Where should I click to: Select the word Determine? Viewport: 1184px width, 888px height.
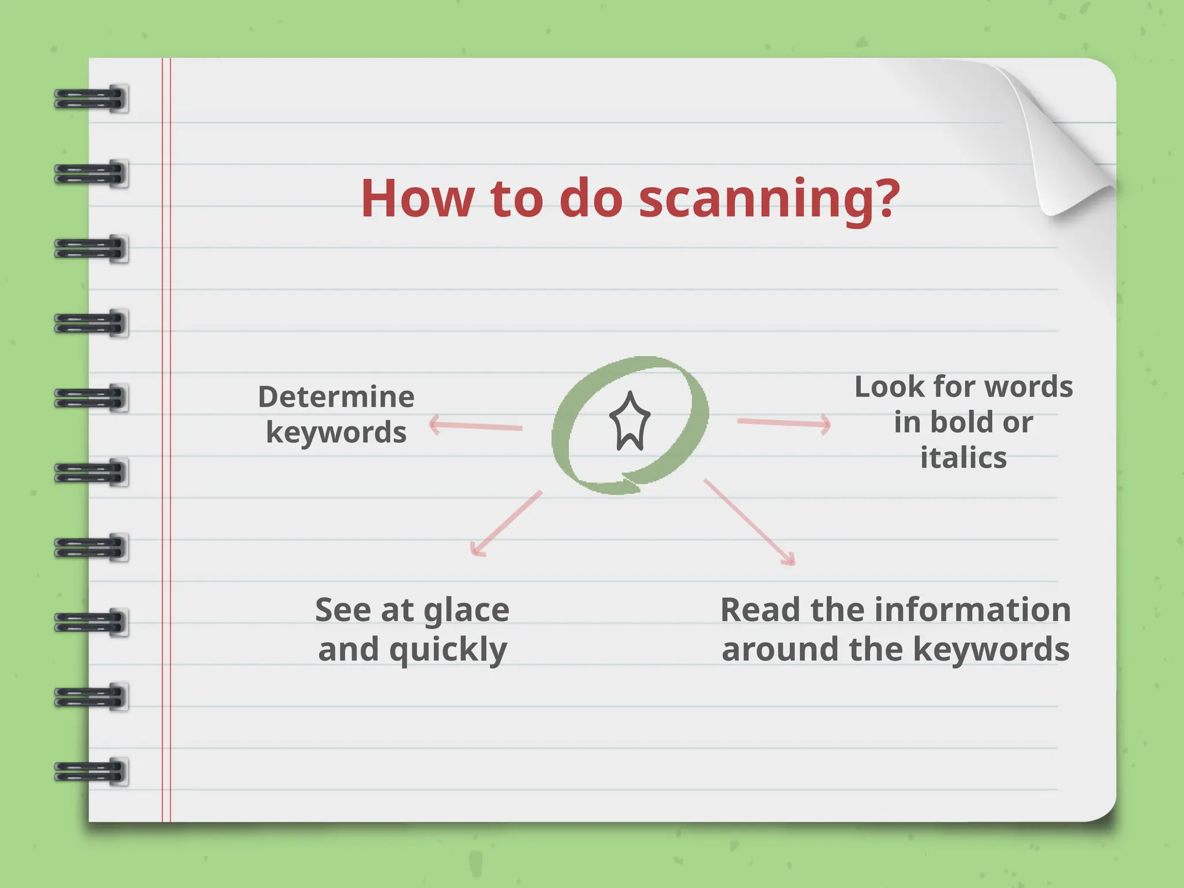[x=336, y=397]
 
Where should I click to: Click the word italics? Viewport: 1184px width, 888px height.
[x=963, y=458]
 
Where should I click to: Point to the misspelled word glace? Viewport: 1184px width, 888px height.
[x=467, y=611]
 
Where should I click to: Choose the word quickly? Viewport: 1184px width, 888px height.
[x=448, y=650]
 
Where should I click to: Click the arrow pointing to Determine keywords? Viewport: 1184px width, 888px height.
[x=475, y=426]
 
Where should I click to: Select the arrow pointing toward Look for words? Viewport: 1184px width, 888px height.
[x=784, y=423]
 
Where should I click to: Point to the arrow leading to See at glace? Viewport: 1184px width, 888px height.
[x=506, y=523]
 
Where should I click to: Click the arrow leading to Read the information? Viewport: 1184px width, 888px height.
[x=749, y=521]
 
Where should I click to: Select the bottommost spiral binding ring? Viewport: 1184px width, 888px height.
[x=91, y=772]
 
